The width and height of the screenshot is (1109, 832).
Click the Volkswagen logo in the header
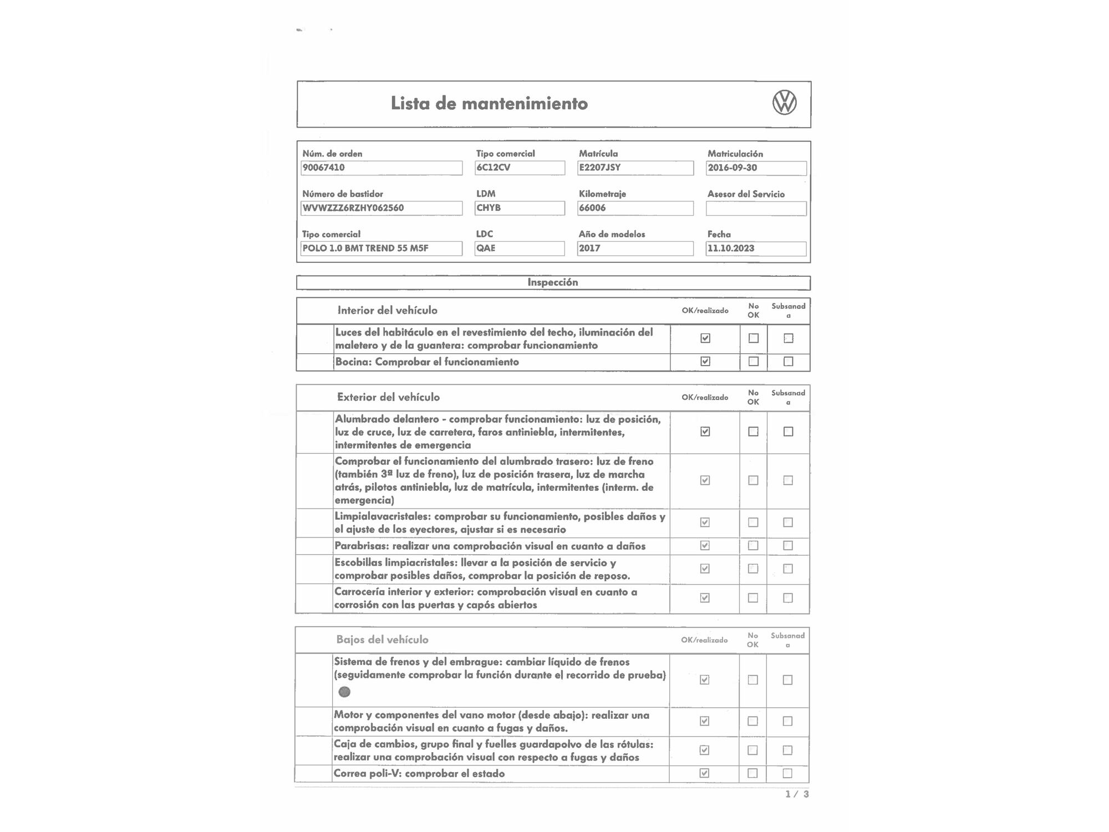pyautogui.click(x=784, y=103)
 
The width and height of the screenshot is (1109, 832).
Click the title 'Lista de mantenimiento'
pyautogui.click(x=489, y=104)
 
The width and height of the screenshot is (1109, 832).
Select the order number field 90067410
pyautogui.click(x=381, y=168)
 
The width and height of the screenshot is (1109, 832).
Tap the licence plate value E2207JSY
pyautogui.click(x=635, y=168)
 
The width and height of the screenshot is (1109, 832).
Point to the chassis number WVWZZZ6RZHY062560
pyautogui.click(x=381, y=208)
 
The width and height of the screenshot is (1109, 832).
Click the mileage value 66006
pyautogui.click(x=635, y=208)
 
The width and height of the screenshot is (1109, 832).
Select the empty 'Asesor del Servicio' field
pyautogui.click(x=756, y=209)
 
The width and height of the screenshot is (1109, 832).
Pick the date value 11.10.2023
pyautogui.click(x=756, y=248)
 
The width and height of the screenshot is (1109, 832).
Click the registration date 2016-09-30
pyautogui.click(x=756, y=168)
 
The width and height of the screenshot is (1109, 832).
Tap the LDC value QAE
pyautogui.click(x=520, y=248)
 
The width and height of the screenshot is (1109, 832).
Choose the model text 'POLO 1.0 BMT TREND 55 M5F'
pyautogui.click(x=381, y=248)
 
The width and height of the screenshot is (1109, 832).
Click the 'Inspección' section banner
pyautogui.click(x=553, y=282)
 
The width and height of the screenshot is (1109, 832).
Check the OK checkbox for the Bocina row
pyautogui.click(x=705, y=362)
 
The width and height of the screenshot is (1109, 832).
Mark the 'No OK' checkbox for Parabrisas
pyautogui.click(x=753, y=546)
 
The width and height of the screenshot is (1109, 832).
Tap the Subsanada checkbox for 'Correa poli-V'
pyautogui.click(x=787, y=773)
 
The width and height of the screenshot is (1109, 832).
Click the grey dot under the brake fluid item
pyautogui.click(x=344, y=692)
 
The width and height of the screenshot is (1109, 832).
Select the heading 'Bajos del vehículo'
pyautogui.click(x=382, y=640)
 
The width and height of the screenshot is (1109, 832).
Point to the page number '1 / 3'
pyautogui.click(x=797, y=794)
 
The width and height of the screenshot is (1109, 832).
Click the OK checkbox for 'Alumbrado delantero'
pyautogui.click(x=705, y=432)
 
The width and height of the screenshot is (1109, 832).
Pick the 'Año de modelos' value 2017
pyautogui.click(x=635, y=248)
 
